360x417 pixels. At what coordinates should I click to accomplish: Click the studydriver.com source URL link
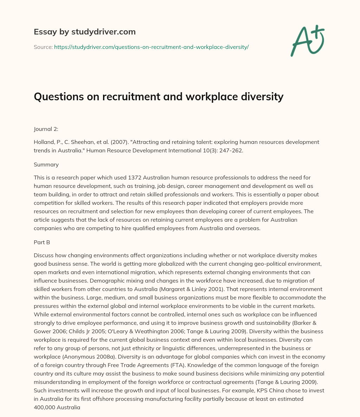tap(151, 47)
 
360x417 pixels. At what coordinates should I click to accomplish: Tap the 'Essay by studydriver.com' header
tap(85, 32)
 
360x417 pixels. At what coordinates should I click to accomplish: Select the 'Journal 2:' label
tap(46, 129)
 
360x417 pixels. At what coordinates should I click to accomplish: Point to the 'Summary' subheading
tap(46, 164)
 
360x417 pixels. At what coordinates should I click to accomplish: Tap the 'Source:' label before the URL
tap(43, 47)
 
